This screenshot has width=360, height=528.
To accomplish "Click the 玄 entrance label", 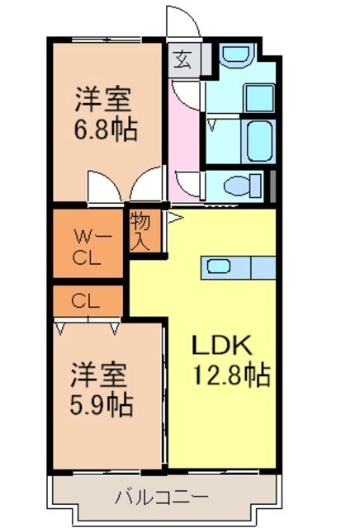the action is click(183, 60).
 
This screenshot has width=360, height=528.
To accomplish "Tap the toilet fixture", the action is click(243, 185).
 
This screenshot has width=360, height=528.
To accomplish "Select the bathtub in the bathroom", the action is click(259, 142).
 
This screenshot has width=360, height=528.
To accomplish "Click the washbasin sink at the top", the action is click(236, 55).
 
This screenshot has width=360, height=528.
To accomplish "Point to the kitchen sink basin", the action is click(219, 266).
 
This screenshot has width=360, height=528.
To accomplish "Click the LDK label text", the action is click(222, 345).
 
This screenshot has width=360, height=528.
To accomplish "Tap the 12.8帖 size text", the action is click(231, 374).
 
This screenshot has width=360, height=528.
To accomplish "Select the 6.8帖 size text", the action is click(106, 130).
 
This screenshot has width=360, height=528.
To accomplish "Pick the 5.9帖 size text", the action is click(101, 405).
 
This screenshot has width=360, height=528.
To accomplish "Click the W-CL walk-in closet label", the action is click(88, 247).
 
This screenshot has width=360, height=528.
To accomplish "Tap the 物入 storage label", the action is click(140, 231).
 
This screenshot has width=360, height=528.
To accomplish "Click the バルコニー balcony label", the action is click(162, 497).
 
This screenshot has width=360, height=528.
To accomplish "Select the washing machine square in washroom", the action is click(259, 98).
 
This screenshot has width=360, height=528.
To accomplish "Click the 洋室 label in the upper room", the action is click(103, 99).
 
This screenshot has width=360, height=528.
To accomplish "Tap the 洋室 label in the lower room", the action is click(99, 375).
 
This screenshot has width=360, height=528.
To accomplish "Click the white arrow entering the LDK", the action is click(175, 218).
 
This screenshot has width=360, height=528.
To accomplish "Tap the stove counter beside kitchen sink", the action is click(263, 267).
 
